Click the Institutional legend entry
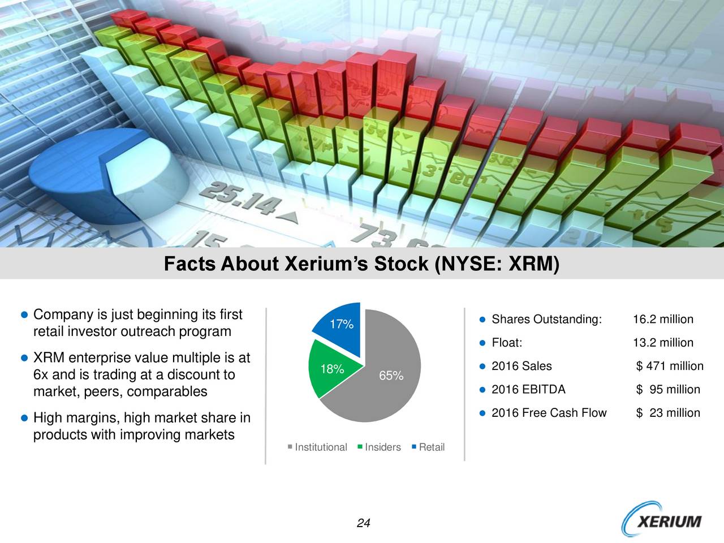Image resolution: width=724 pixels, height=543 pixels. pos(317,447)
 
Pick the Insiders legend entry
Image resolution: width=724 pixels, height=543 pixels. pos(380,447)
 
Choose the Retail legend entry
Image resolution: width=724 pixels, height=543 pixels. pos(429,447)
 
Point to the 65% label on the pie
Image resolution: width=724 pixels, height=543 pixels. pos(391,376)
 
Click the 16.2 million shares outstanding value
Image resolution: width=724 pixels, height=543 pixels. pos(663,320)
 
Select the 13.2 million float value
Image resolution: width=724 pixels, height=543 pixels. pos(663,343)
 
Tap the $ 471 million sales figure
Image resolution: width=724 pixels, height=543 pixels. pos(670,366)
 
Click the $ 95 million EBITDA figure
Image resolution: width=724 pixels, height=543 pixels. pos(668,389)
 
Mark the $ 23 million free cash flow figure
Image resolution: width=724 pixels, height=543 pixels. pos(668,413)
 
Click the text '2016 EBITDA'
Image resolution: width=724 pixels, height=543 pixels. pos(528,389)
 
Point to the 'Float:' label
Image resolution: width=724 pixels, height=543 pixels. pos(507,343)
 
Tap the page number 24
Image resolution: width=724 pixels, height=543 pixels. pos(363,523)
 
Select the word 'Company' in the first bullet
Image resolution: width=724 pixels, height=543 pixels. pos(64,314)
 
